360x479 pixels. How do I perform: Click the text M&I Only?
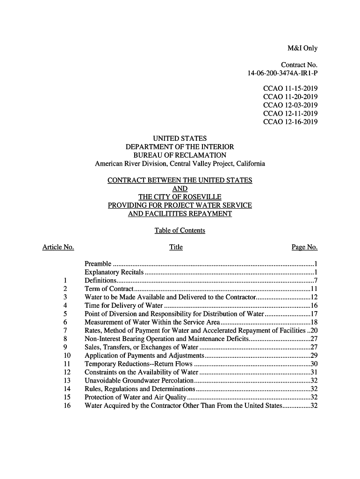tap(302, 49)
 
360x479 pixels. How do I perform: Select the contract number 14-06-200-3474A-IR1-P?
tap(282, 73)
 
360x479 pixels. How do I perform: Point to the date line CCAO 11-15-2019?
tap(290, 88)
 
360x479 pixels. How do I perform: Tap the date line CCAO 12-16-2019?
tap(290, 122)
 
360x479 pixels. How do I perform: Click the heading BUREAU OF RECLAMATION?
tap(180, 155)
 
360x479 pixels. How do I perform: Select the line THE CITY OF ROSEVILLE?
tap(180, 197)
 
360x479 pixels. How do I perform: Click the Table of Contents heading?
tap(180, 231)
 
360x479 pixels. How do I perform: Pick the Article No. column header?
tap(58, 247)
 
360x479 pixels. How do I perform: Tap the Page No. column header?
tap(304, 247)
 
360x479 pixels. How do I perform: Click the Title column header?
tap(176, 247)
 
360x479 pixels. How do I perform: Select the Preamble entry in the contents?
tap(98, 264)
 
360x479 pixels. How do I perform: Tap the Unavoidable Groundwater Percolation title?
tap(139, 380)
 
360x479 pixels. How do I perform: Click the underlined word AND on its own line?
tap(180, 189)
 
